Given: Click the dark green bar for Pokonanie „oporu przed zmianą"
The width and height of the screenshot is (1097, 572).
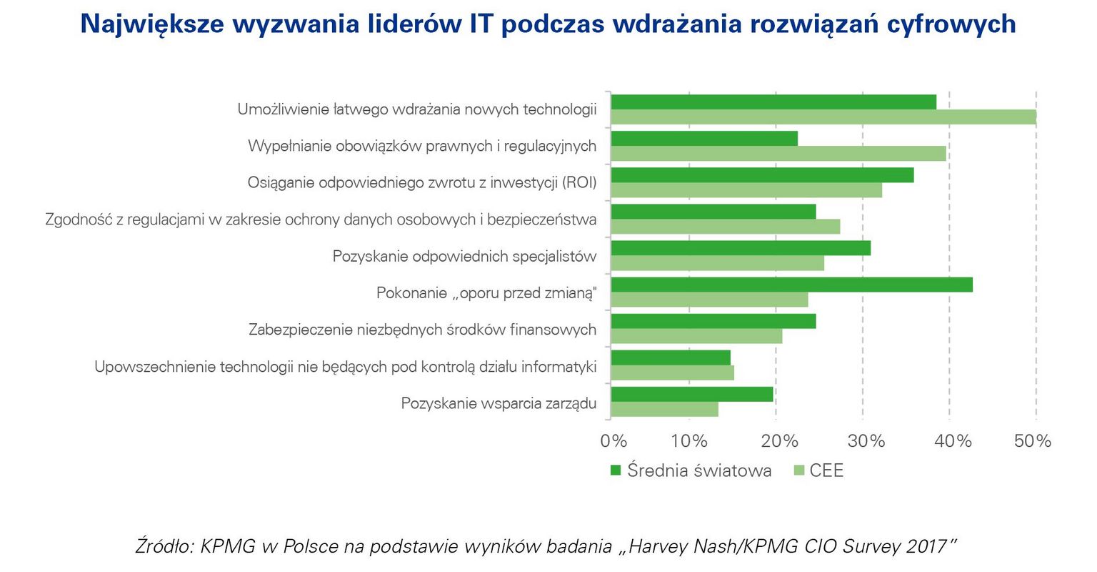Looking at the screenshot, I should coord(791,285).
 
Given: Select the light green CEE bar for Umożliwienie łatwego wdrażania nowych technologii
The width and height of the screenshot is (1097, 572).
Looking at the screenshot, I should coord(823,117).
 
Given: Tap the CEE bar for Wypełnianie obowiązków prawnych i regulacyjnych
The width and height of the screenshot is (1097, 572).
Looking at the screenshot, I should coord(778,154).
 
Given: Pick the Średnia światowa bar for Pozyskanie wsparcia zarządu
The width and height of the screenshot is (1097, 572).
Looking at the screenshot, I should coord(692,394).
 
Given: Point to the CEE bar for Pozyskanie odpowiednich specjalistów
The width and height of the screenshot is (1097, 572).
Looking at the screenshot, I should coord(717,263).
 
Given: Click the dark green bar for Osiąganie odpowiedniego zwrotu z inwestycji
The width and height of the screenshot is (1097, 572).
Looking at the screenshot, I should coord(762,175).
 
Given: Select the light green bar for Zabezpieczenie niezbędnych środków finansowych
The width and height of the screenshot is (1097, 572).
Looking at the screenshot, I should coord(696,336).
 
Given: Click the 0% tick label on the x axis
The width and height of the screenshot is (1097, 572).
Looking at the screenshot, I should coord(613,440).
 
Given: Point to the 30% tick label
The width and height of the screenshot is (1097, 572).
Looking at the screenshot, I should coord(866,440).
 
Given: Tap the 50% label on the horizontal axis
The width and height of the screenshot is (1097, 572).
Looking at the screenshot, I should coord(1032,440).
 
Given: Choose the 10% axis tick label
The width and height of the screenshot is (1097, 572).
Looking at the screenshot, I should coord(688,440).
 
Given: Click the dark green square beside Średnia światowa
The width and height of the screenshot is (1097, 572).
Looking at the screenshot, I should coord(616,470).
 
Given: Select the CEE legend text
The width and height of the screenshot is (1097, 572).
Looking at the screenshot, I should coord(826,470).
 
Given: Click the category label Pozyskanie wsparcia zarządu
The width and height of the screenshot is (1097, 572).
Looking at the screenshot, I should coord(499,403).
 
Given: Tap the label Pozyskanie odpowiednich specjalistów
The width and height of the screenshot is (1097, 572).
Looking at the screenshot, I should coord(464,256).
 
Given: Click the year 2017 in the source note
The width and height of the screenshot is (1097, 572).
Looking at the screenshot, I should coord(926,547).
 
